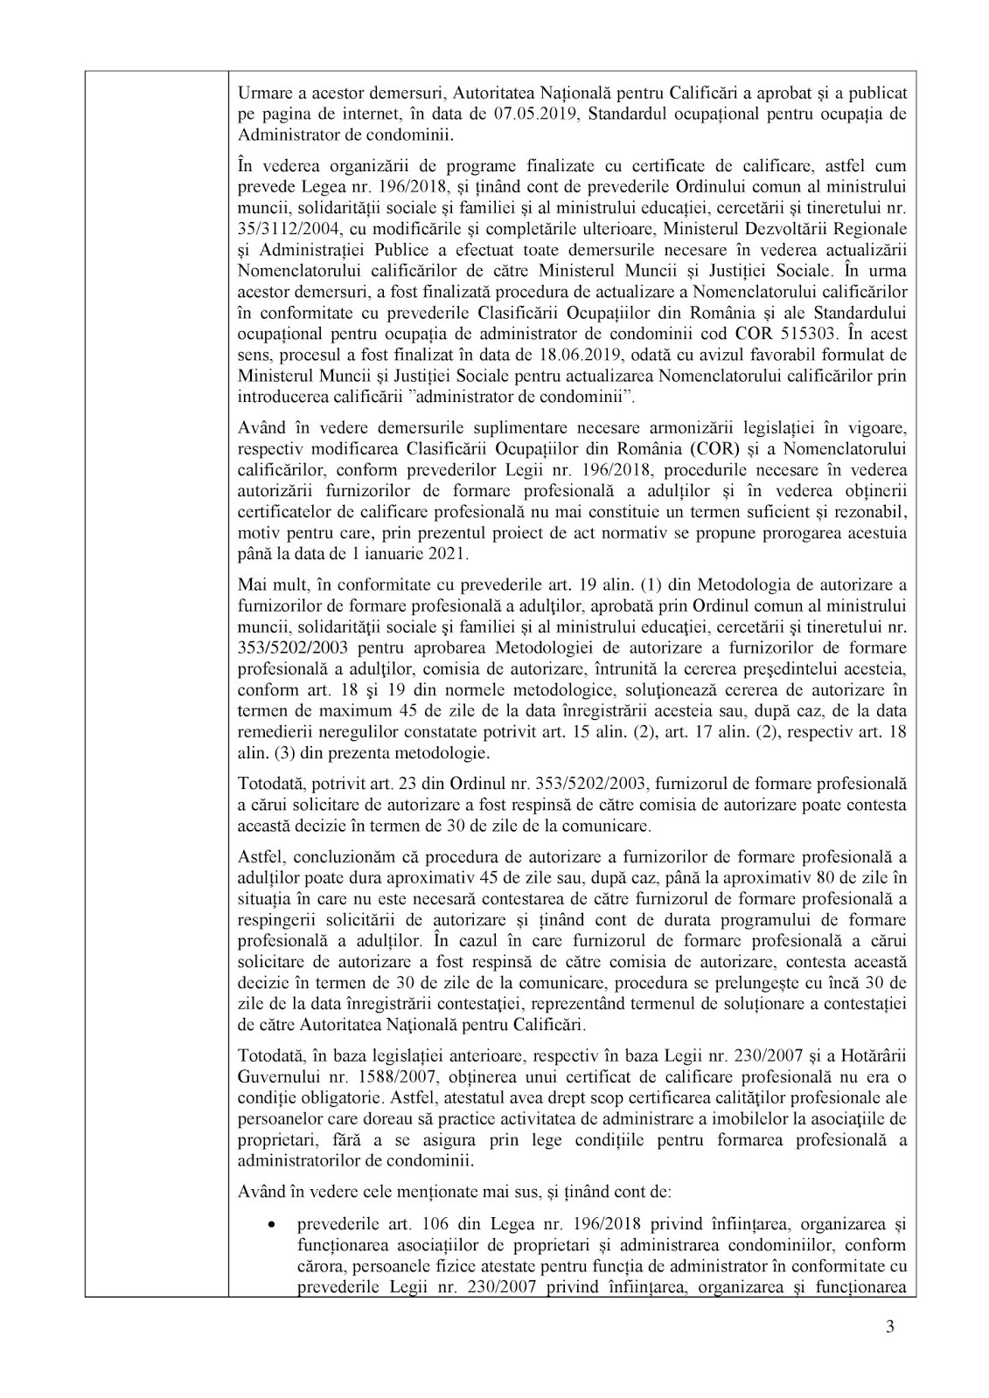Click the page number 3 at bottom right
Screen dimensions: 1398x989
click(x=890, y=1353)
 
